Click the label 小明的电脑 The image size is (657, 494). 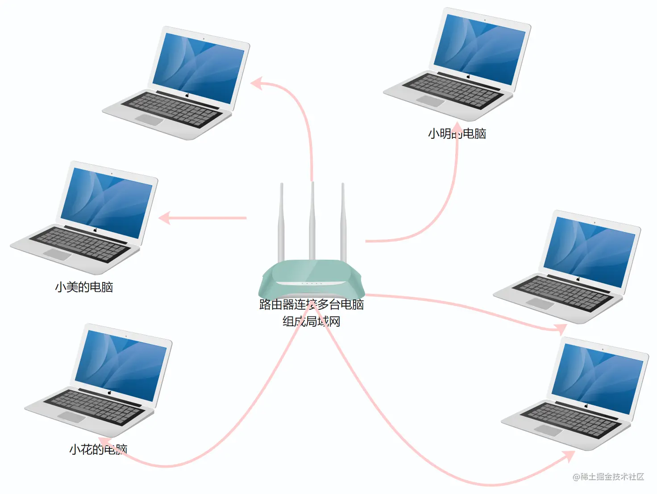click(457, 133)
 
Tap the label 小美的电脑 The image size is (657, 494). click(84, 287)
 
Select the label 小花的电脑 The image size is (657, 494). click(98, 449)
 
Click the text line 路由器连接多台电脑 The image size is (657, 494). click(312, 304)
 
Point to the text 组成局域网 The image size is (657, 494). click(312, 321)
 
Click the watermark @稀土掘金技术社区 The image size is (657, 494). click(608, 477)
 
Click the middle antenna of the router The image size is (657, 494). click(312, 219)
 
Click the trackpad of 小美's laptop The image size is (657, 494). click(57, 255)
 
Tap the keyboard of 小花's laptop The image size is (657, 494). click(96, 406)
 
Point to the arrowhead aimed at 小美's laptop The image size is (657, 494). click(164, 218)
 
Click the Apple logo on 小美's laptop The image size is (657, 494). click(95, 230)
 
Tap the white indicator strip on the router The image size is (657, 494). click(310, 283)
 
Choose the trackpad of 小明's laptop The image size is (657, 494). click(430, 101)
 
